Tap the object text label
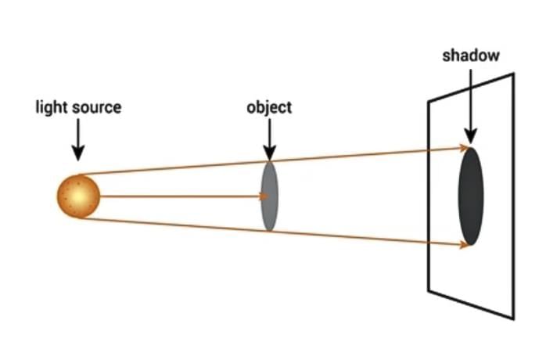point(268,107)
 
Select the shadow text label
point(470,56)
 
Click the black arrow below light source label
point(77,142)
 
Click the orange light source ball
point(78,196)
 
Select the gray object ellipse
point(269,196)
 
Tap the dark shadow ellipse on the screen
point(470,196)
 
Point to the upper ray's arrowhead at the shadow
point(466,147)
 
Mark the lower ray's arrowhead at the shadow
point(466,244)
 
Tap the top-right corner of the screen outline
point(513,74)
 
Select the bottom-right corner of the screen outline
point(513,319)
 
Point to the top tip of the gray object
point(269,161)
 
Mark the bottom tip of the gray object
point(269,230)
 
